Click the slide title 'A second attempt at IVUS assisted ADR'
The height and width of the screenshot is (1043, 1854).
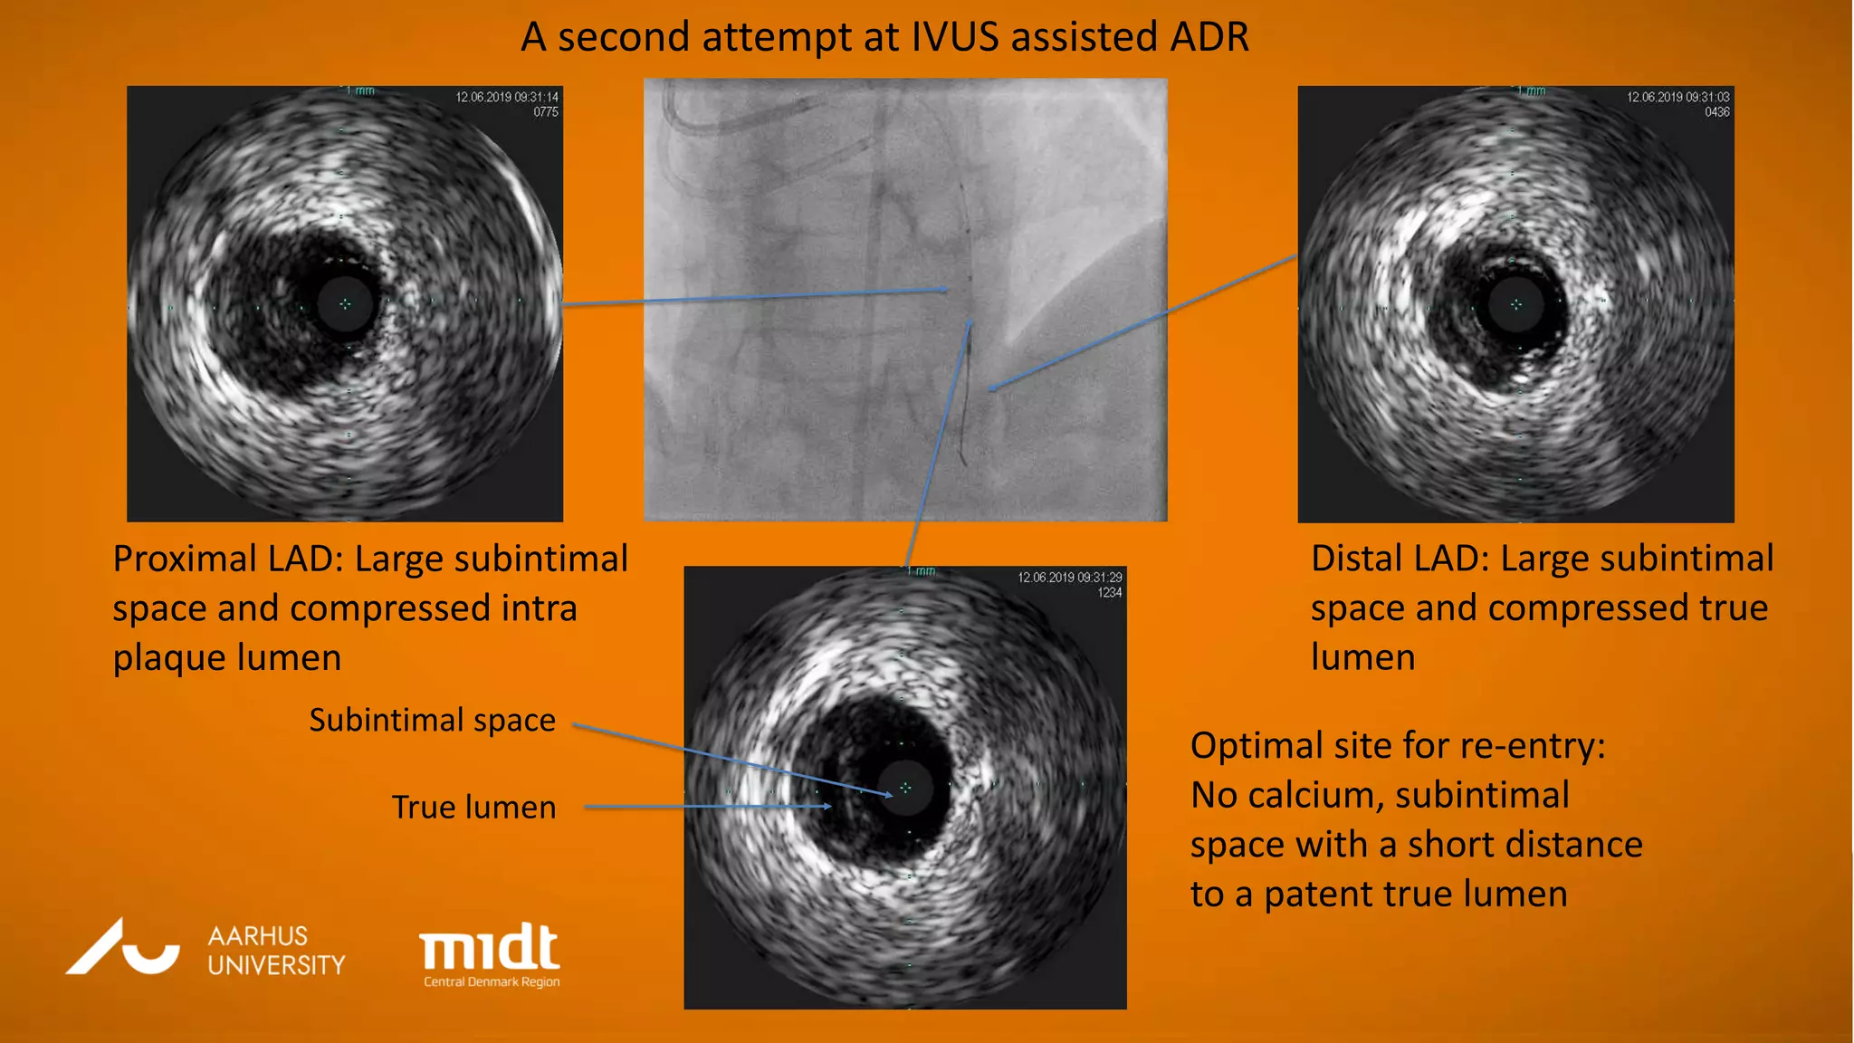click(x=884, y=38)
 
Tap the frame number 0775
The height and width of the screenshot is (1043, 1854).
click(x=546, y=112)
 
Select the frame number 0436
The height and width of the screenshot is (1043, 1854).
click(x=1717, y=112)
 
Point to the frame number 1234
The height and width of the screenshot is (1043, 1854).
click(x=1110, y=593)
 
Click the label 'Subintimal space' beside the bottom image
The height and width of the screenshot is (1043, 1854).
click(x=432, y=720)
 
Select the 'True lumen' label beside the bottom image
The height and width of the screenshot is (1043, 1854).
click(x=473, y=807)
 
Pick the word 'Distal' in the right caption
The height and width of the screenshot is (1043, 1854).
click(x=1355, y=559)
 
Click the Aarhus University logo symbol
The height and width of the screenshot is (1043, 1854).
click(x=122, y=948)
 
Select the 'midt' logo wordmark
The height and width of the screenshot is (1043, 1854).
click(x=490, y=947)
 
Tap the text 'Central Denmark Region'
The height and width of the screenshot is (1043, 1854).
click(x=492, y=982)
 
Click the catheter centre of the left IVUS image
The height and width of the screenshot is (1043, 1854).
click(x=345, y=304)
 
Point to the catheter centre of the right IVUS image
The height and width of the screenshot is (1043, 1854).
click(x=1516, y=304)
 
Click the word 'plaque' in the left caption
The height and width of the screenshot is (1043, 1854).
click(x=167, y=658)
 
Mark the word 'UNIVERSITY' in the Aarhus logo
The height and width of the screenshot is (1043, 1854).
click(x=276, y=965)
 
